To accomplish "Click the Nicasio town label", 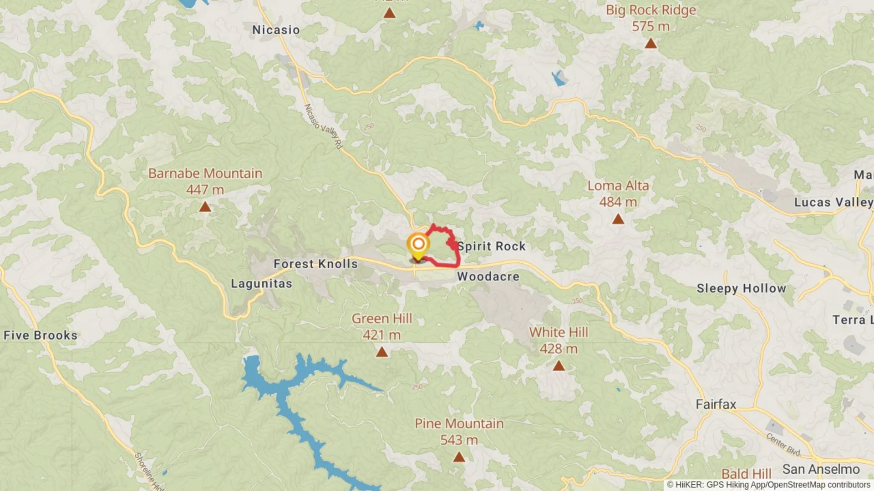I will point(276,30).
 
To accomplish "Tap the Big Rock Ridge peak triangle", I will point(651,44).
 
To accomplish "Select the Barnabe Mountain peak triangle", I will point(205,207).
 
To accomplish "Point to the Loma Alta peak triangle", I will point(618,219).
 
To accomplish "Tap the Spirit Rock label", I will point(492,246).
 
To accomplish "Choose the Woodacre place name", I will point(488,276).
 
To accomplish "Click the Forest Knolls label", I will point(315,264).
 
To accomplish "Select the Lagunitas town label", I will point(261,284).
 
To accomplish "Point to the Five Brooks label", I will point(41,336).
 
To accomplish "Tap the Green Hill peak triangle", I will point(382,352).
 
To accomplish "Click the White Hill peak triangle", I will point(559,366).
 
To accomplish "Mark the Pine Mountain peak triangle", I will point(459,457).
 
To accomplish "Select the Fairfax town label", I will point(716,404).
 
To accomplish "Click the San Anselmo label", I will point(821,469).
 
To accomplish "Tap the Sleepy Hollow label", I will point(741,288).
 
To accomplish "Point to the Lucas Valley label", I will point(833,202).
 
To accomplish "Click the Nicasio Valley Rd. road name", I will point(323,126).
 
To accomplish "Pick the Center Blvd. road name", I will point(783,444).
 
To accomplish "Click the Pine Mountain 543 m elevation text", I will point(459,440).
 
